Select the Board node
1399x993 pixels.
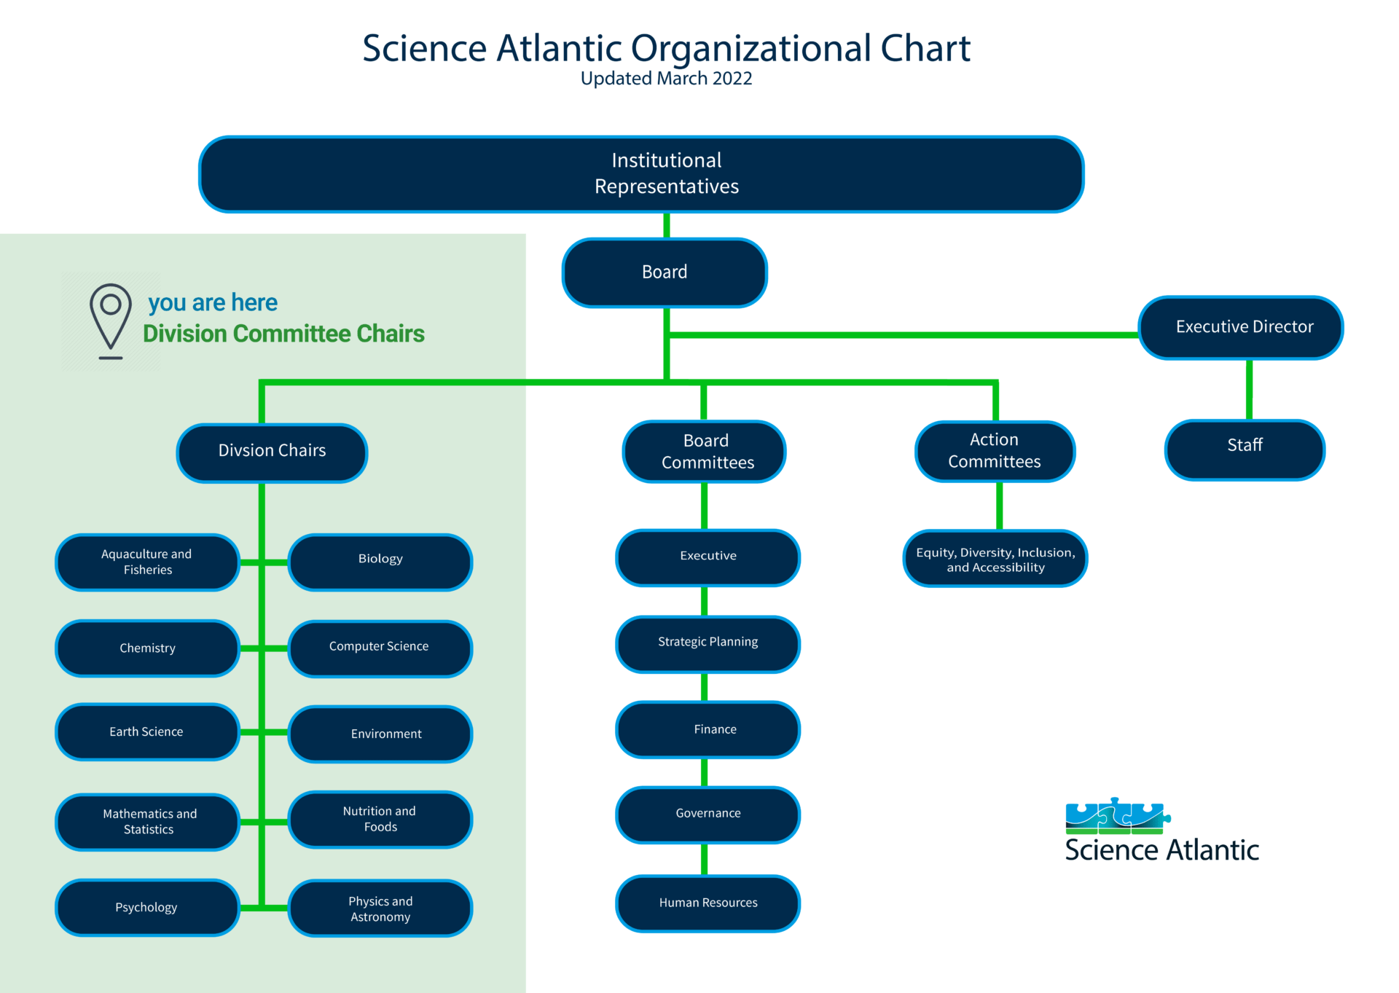(x=665, y=272)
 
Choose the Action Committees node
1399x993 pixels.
(x=995, y=451)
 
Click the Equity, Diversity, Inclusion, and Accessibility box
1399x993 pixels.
(x=995, y=559)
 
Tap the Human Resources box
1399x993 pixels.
(x=708, y=903)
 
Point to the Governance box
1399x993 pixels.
(x=708, y=815)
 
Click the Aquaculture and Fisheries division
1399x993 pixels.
(x=147, y=562)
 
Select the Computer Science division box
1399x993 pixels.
(x=380, y=648)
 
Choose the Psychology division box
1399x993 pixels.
(x=147, y=907)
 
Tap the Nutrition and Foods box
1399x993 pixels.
(x=380, y=820)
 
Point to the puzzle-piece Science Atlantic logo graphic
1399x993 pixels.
(x=1116, y=816)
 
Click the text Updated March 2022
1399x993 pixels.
(x=666, y=79)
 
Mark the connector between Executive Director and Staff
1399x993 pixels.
(x=1249, y=389)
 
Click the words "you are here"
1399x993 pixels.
(x=212, y=302)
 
